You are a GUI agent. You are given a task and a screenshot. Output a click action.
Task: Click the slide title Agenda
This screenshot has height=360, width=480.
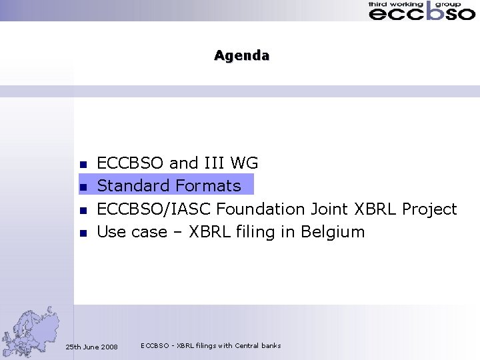click(x=241, y=55)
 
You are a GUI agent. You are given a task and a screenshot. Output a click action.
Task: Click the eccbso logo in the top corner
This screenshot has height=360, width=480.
click(x=421, y=11)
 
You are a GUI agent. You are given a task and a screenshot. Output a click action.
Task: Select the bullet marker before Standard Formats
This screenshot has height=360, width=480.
click(x=83, y=187)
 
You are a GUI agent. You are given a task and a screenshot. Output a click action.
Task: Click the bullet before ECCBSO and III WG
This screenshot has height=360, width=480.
click(x=83, y=164)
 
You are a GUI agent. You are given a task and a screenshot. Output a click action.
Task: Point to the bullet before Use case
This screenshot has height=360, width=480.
click(x=83, y=233)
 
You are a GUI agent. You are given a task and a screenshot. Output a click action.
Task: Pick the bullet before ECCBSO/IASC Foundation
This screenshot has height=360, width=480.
click(x=83, y=210)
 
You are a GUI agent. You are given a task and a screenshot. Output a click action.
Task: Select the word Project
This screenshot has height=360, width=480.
click(x=429, y=209)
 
